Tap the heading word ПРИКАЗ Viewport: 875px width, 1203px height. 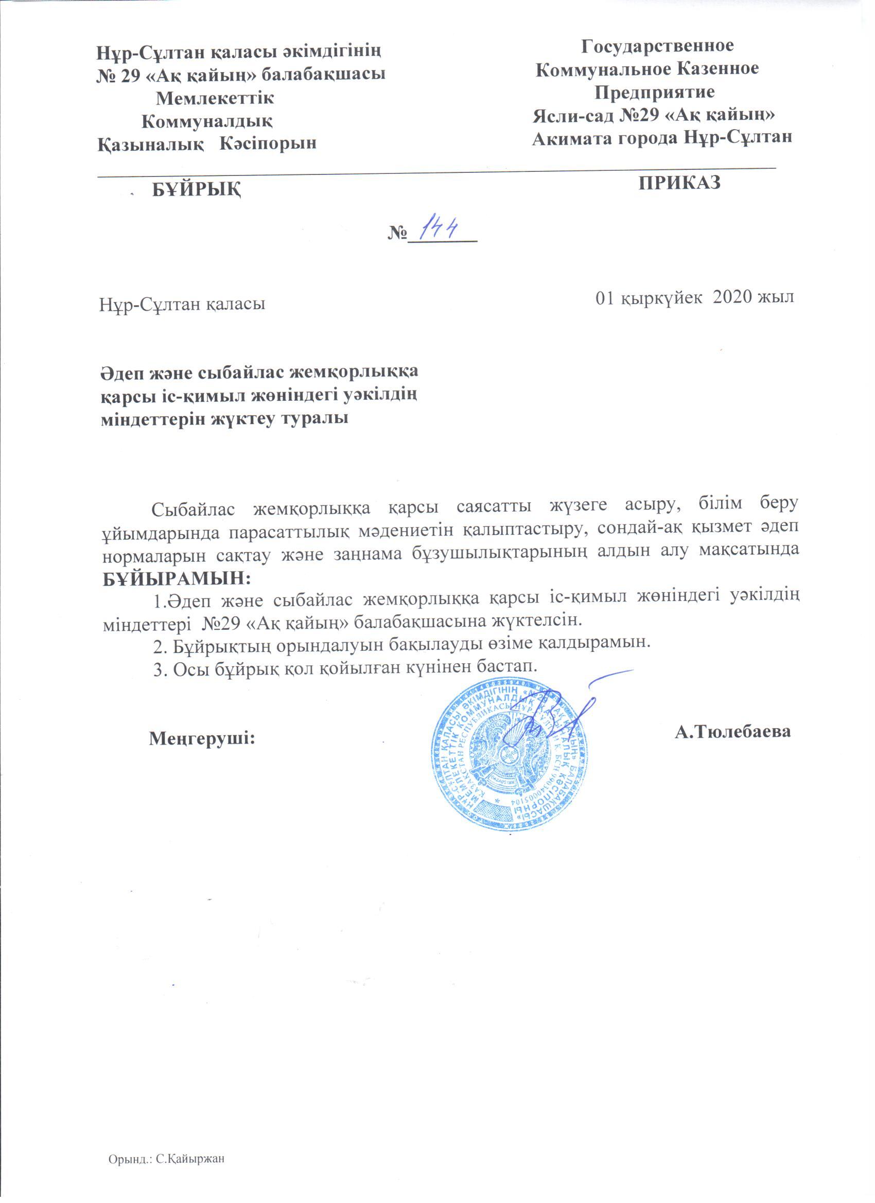[x=680, y=183]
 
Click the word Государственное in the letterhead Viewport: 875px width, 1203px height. [x=658, y=46]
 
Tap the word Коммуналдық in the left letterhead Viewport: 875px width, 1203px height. [x=207, y=121]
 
